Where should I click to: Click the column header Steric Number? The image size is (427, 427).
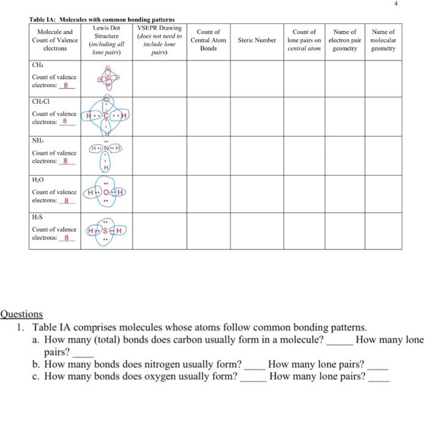click(x=257, y=40)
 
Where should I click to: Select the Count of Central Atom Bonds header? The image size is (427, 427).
click(x=209, y=40)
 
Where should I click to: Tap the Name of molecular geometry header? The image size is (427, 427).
click(x=383, y=40)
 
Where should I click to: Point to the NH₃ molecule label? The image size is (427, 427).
click(x=38, y=140)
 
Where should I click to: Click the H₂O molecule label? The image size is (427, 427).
click(x=38, y=179)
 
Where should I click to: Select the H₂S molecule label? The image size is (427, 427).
click(x=38, y=217)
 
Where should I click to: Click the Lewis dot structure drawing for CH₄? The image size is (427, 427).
click(x=106, y=77)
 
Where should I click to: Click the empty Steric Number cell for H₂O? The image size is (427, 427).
click(x=257, y=193)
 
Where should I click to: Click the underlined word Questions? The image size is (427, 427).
click(x=22, y=314)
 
